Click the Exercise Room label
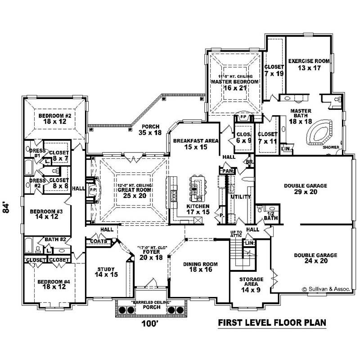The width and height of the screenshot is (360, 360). pyautogui.click(x=309, y=64)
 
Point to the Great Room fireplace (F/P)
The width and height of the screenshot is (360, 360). pyautogui.click(x=93, y=189)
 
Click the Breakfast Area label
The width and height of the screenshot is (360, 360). pyautogui.click(x=196, y=144)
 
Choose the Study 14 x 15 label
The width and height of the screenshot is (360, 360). pyautogui.click(x=107, y=273)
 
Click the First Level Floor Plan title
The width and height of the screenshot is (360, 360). pyautogui.click(x=272, y=323)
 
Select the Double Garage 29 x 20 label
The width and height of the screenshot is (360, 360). pyautogui.click(x=305, y=189)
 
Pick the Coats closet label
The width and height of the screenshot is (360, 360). pyautogui.click(x=99, y=241)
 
